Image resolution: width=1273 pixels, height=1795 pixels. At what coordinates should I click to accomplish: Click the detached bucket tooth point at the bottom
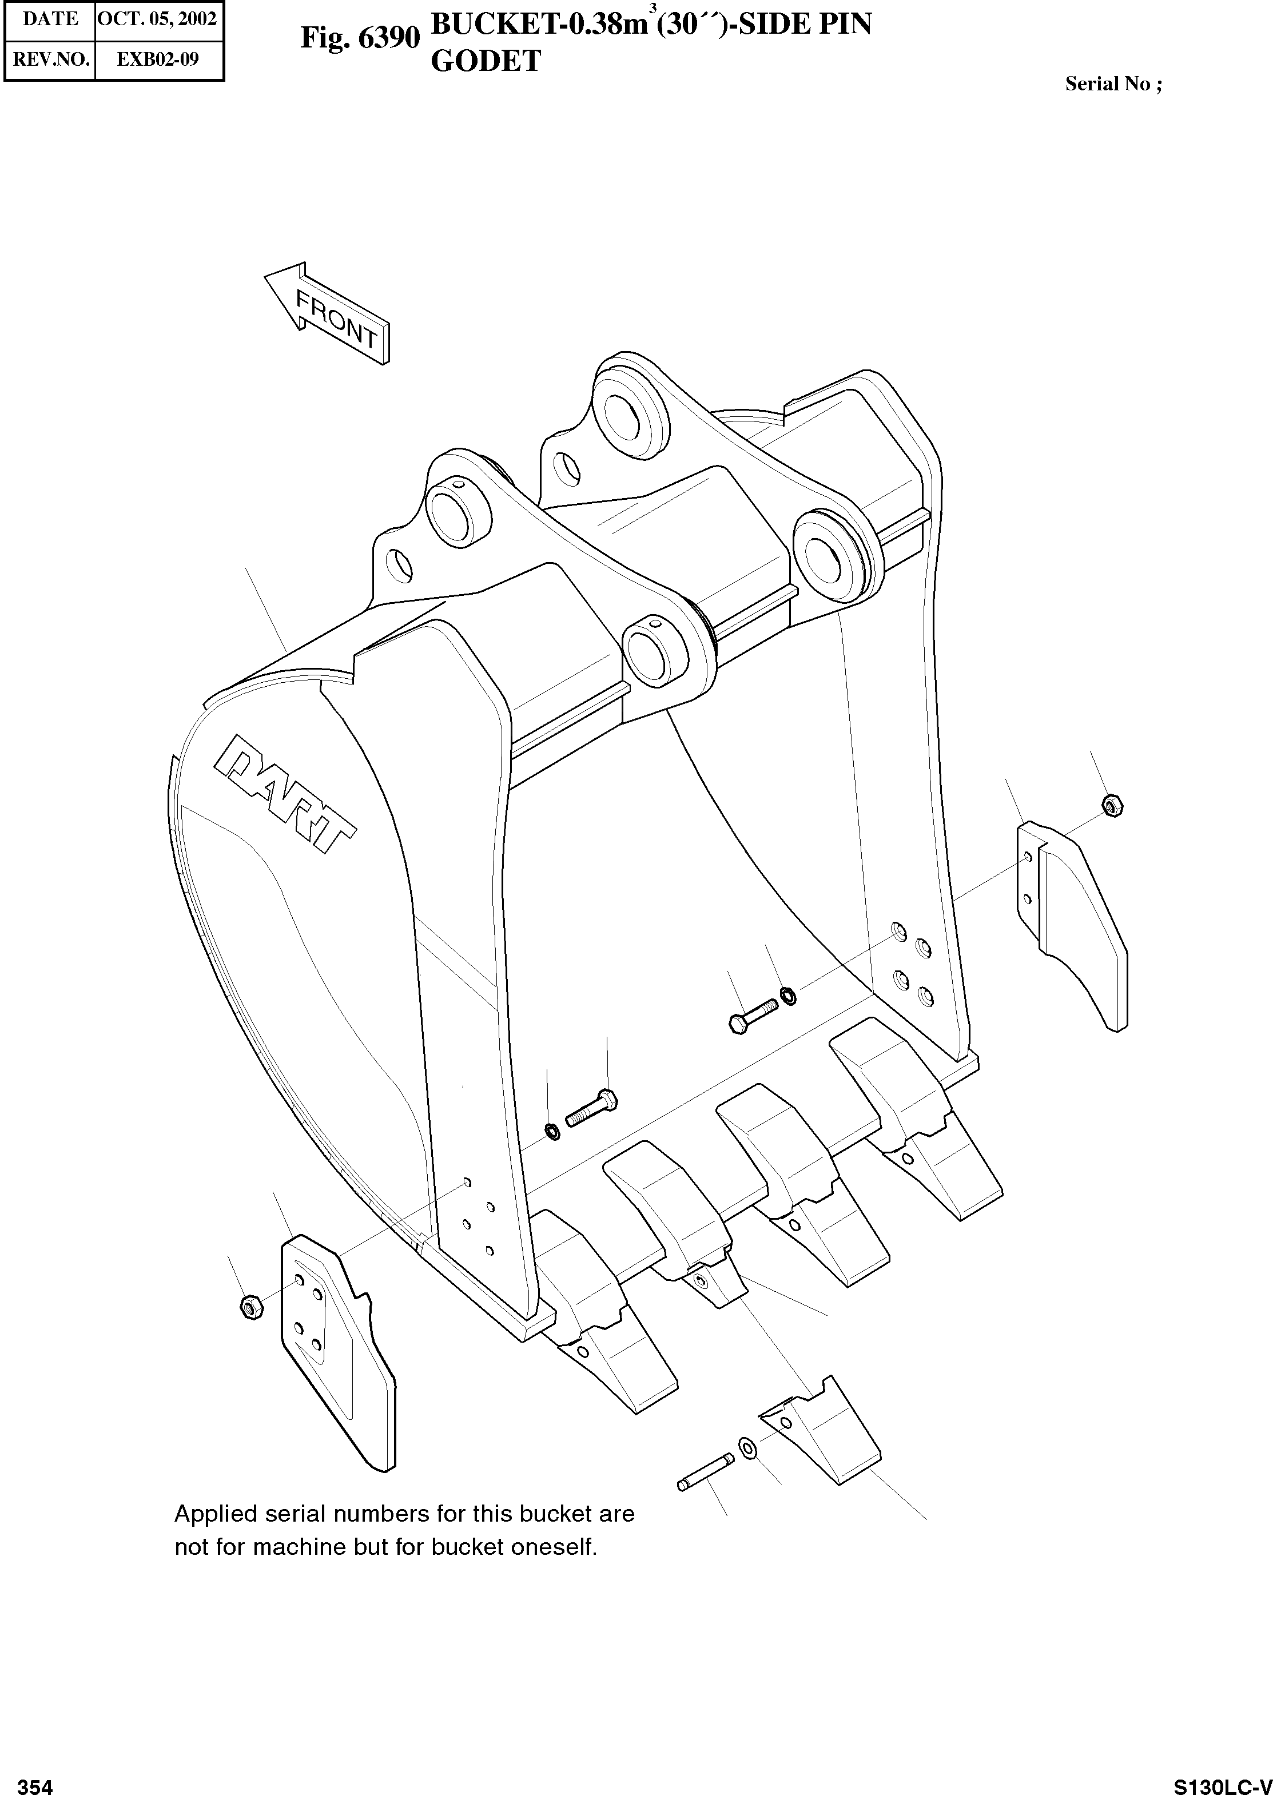pyautogui.click(x=819, y=1439)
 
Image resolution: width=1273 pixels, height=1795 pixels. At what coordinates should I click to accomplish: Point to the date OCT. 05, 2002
pyautogui.click(x=156, y=19)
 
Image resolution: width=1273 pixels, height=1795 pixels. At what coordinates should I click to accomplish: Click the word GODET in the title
pyautogui.click(x=486, y=62)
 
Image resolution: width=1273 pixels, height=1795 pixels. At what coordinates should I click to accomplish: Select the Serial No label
pyautogui.click(x=1113, y=84)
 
